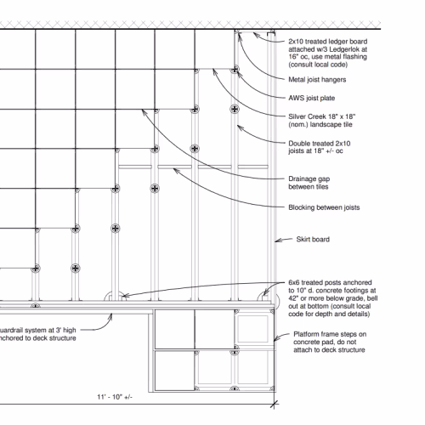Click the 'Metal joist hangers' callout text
tap(317, 80)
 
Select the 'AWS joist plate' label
tap(312, 98)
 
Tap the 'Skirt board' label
tap(313, 240)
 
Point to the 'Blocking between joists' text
tap(324, 207)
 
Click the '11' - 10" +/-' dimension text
tap(115, 397)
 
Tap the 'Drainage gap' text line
tap(309, 179)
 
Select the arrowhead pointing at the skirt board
tap(278, 241)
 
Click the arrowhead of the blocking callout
tap(176, 171)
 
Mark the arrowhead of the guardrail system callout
tap(110, 316)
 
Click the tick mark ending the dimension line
tap(274, 404)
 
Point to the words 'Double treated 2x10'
tap(320, 144)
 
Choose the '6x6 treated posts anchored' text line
tap(330, 282)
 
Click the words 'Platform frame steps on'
tap(330, 334)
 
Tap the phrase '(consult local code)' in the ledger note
tap(318, 65)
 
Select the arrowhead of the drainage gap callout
tap(144, 112)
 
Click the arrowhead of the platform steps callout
tap(276, 339)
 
